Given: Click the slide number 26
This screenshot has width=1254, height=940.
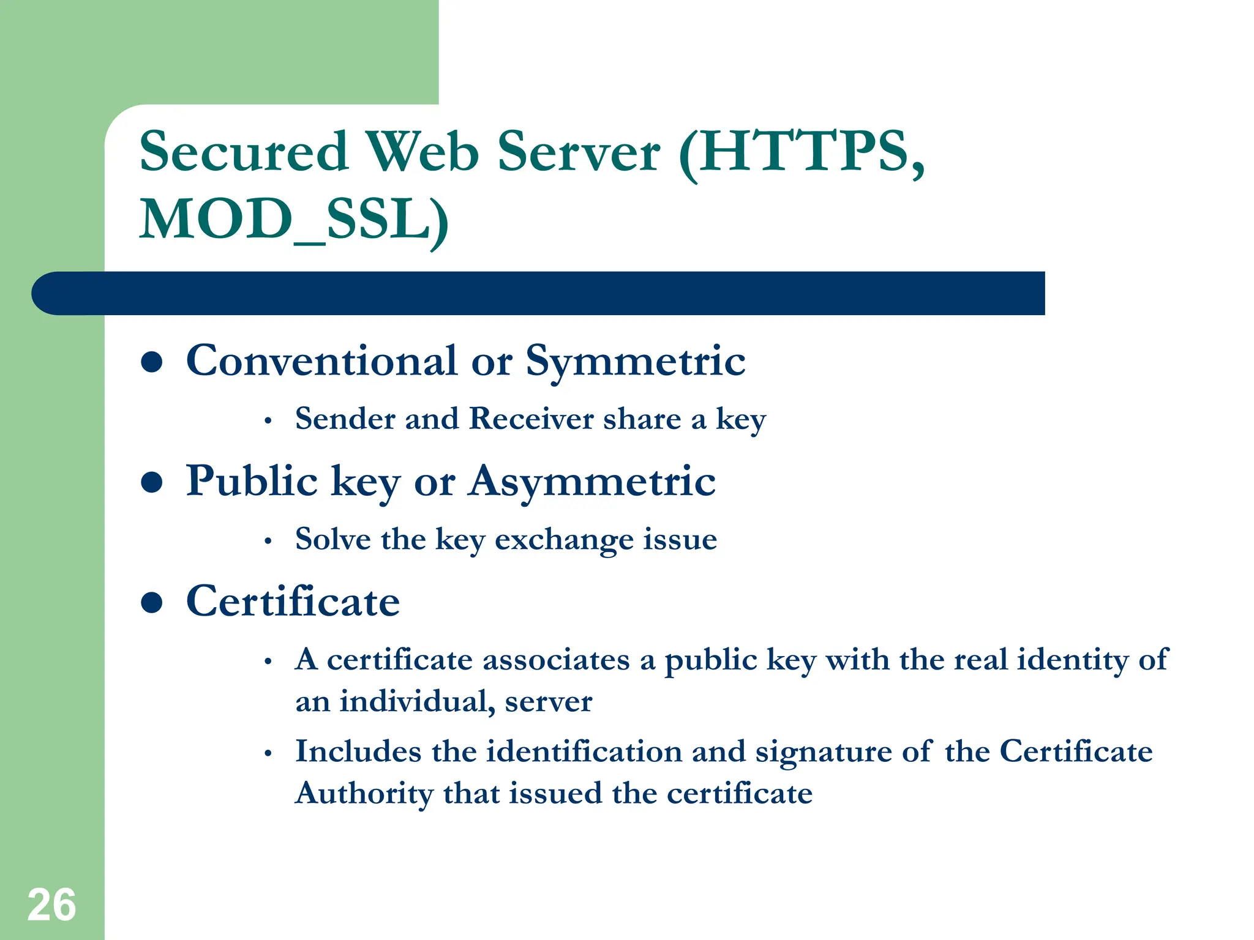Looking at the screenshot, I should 51,905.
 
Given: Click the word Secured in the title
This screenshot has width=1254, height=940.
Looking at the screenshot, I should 244,151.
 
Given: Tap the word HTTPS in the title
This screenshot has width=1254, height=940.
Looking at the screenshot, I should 802,151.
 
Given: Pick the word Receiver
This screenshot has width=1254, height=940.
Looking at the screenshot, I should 531,419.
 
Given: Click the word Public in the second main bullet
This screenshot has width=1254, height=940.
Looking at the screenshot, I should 252,481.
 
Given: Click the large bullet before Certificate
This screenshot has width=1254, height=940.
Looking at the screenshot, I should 151,602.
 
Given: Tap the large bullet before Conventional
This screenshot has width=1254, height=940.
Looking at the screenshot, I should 151,362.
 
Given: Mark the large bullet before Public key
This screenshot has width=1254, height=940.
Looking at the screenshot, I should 151,482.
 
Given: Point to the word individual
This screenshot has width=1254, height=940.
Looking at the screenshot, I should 417,701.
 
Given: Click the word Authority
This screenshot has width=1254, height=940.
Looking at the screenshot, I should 364,794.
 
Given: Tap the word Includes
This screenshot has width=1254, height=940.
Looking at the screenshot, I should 358,752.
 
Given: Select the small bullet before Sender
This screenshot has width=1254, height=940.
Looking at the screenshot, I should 268,421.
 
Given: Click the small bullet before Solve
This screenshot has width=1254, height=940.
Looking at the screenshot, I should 268,542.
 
